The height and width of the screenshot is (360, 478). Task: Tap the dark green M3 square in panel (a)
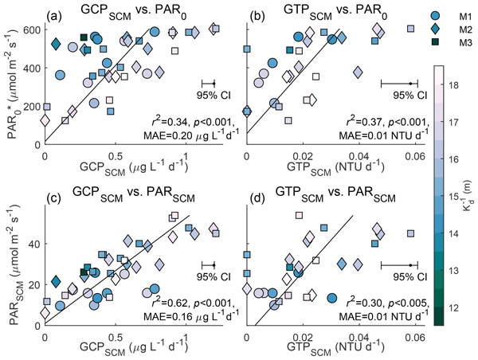click(x=84, y=37)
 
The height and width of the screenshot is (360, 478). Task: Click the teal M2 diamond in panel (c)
click(x=56, y=281)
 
